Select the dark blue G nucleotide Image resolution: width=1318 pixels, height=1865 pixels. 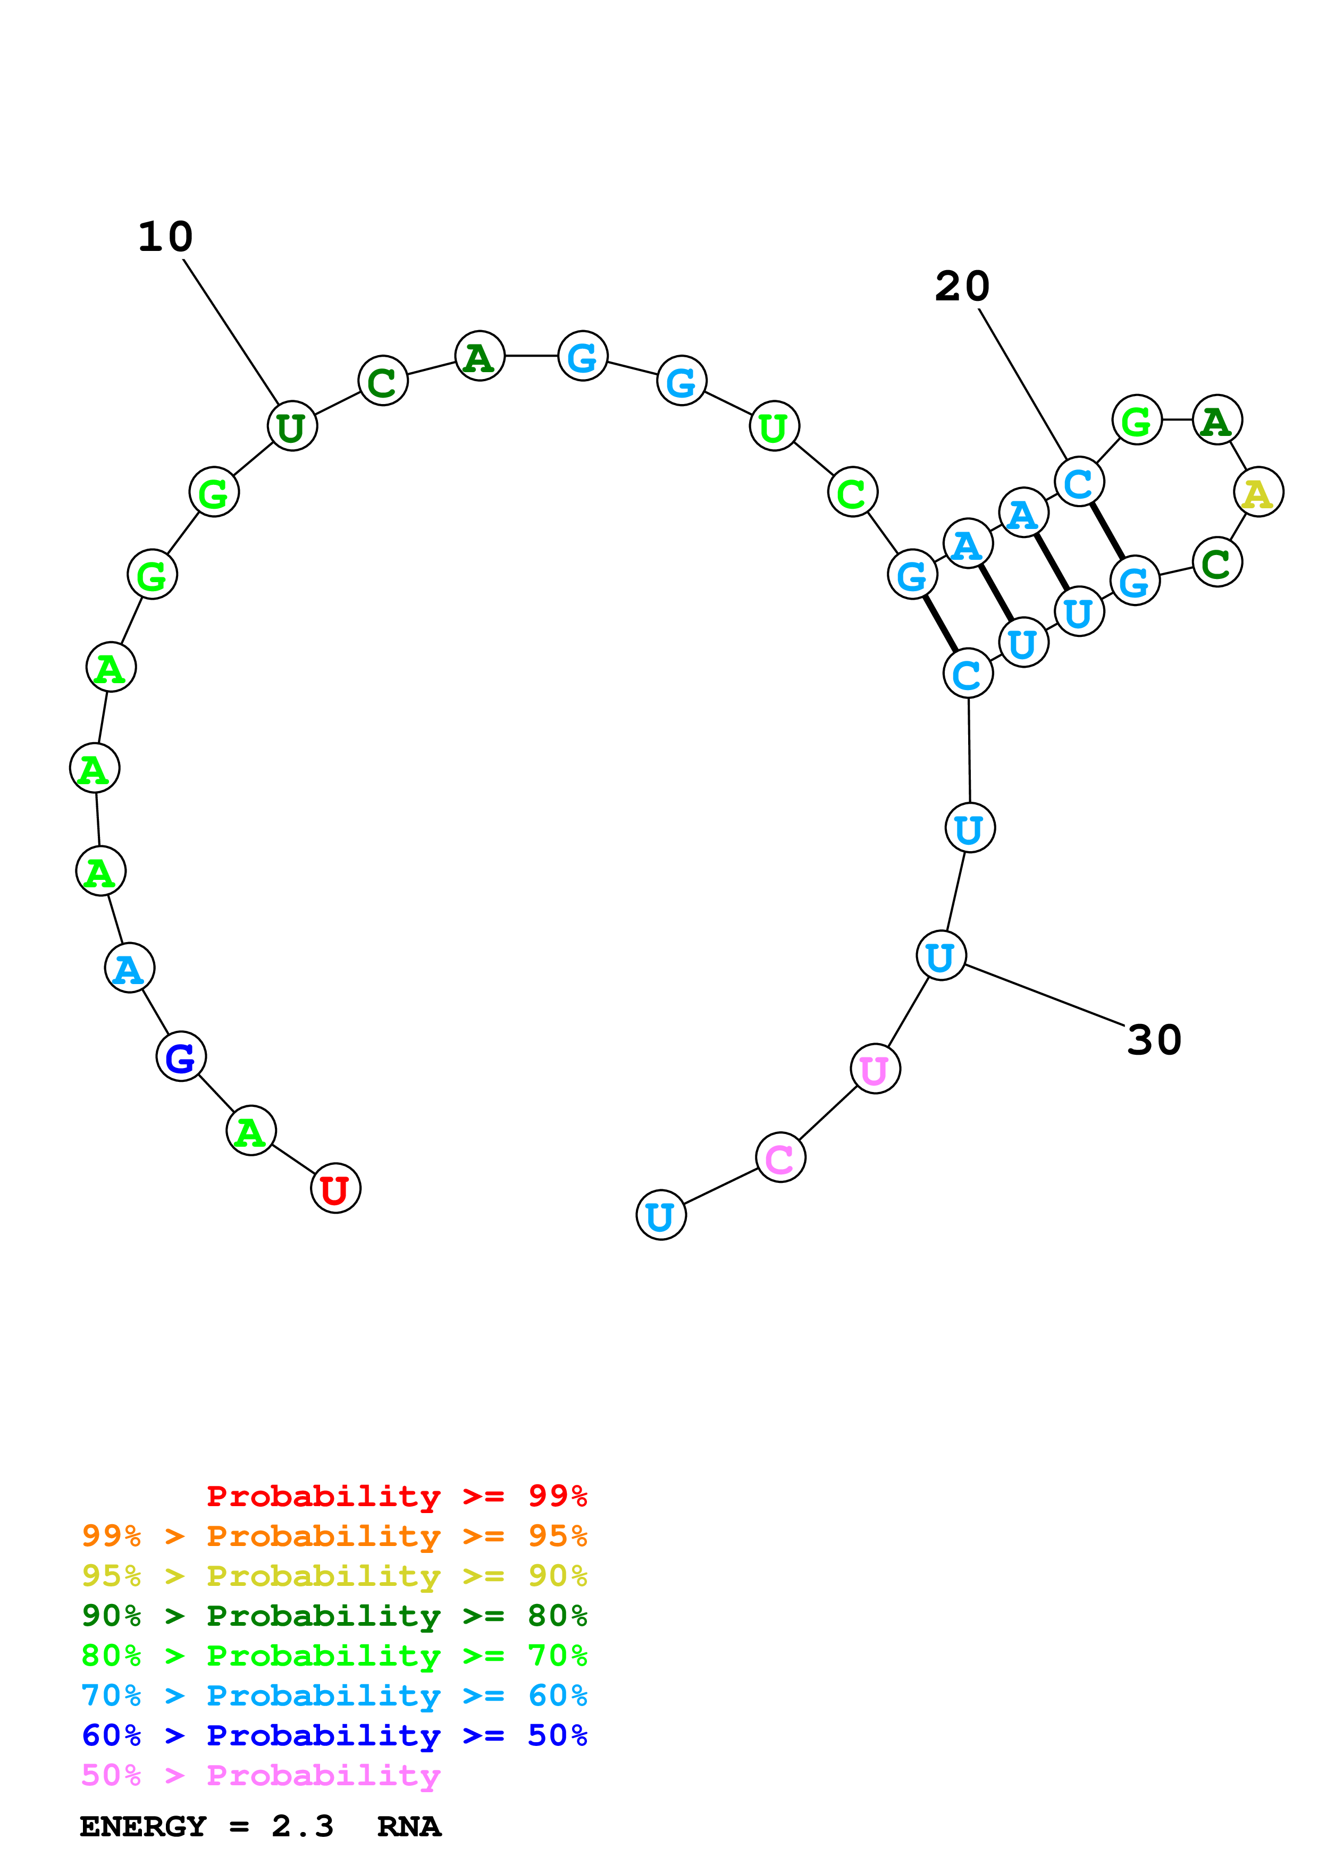(x=180, y=1057)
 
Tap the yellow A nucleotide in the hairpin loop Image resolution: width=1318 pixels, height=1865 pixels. (x=1258, y=492)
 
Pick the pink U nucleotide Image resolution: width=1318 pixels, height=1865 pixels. (x=875, y=1069)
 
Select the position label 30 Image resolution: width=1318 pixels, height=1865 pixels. (x=1154, y=1040)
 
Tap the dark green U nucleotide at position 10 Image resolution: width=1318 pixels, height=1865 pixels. (x=291, y=426)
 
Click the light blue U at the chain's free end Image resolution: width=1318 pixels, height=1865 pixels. (x=660, y=1216)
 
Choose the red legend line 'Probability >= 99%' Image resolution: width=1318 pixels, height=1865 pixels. (x=396, y=1496)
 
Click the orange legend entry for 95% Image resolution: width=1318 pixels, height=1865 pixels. (x=334, y=1536)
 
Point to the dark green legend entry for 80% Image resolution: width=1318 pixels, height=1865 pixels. (x=334, y=1616)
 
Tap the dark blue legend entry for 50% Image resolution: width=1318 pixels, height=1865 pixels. (x=334, y=1735)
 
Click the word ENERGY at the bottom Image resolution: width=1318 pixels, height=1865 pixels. (x=143, y=1826)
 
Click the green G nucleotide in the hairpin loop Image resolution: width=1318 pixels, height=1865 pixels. (x=1136, y=420)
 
